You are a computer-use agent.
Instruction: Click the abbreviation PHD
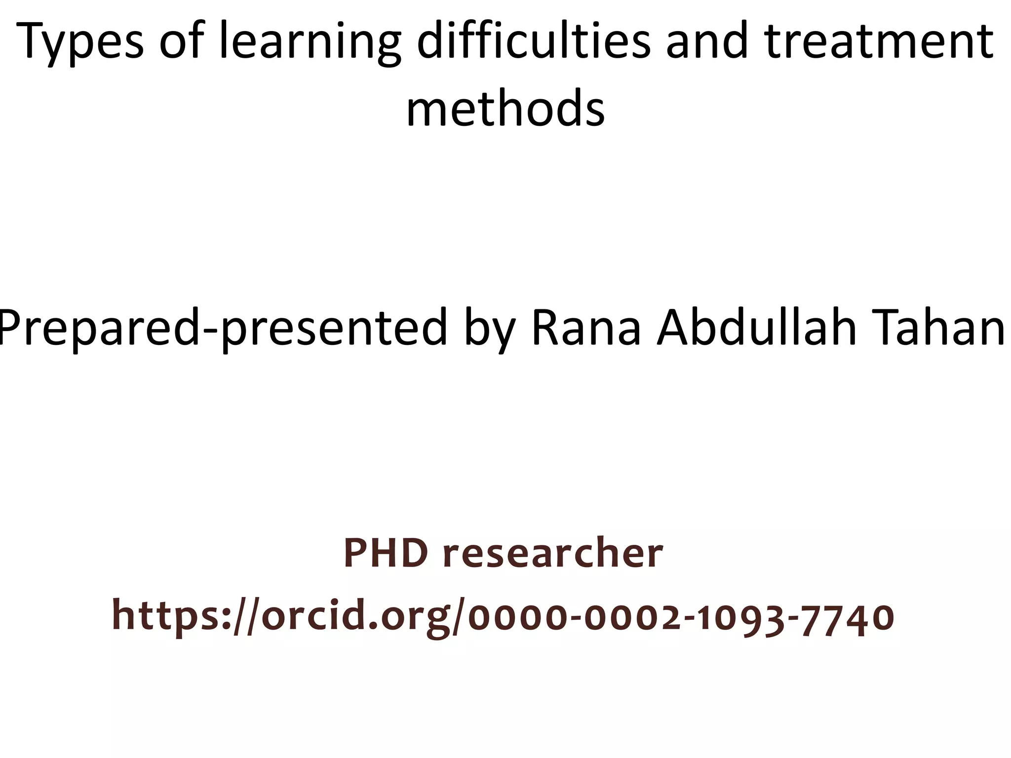click(386, 553)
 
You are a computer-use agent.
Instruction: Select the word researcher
click(552, 553)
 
